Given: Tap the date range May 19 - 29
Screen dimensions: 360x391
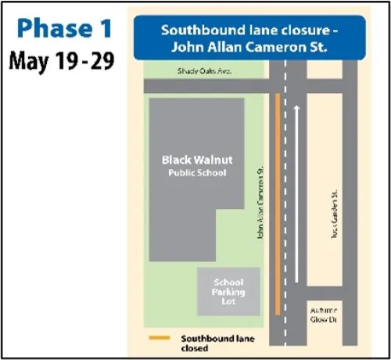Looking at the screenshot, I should (62, 61).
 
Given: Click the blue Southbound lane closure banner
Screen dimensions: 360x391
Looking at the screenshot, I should (249, 38).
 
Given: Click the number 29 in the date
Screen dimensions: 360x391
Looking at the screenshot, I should (100, 61).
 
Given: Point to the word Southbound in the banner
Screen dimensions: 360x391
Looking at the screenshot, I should (194, 31).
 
